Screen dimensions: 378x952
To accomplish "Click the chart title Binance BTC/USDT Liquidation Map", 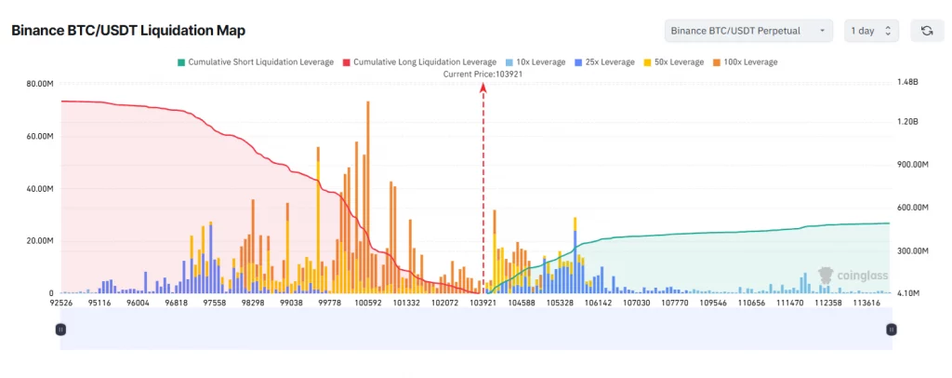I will click(128, 31).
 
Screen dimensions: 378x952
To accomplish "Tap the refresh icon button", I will click(926, 31).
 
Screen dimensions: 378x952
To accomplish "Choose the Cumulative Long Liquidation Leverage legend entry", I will click(419, 61).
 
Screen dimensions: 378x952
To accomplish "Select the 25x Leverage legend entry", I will click(604, 61).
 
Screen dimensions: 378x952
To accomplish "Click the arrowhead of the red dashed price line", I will click(483, 87).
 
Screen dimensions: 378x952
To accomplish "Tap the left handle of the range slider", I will click(60, 329).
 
